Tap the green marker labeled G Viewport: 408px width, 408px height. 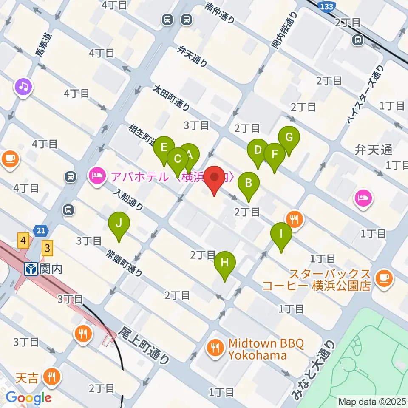(289, 138)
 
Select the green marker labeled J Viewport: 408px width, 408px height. (119, 223)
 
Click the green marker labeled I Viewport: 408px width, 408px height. (281, 234)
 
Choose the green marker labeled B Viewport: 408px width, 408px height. (249, 184)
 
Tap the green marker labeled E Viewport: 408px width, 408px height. (164, 148)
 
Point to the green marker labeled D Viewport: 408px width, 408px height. (258, 150)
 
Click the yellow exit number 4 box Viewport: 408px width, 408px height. (23, 242)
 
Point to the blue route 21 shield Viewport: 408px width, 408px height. (41, 231)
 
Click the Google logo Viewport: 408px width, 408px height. (28, 398)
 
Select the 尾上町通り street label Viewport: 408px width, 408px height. (144, 345)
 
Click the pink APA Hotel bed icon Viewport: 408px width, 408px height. (96, 176)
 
